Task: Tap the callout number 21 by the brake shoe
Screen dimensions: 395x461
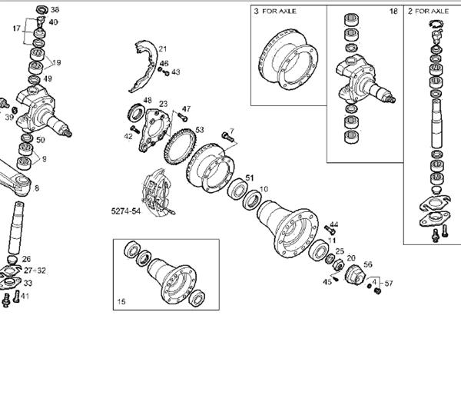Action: pyautogui.click(x=163, y=49)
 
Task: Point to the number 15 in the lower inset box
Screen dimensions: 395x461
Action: pyautogui.click(x=121, y=302)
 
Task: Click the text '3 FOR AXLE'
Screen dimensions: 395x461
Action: pyautogui.click(x=276, y=12)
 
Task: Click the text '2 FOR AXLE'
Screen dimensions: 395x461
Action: pyautogui.click(x=429, y=12)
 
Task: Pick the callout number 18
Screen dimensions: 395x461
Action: pyautogui.click(x=393, y=12)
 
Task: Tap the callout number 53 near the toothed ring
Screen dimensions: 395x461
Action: pyautogui.click(x=200, y=130)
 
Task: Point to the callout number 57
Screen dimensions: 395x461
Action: pyautogui.click(x=389, y=284)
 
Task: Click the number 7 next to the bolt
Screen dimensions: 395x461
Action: pyautogui.click(x=231, y=131)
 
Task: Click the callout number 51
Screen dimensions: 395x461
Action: pyautogui.click(x=250, y=180)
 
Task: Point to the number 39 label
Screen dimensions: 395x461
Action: pyautogui.click(x=9, y=117)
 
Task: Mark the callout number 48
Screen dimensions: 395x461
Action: pyautogui.click(x=147, y=101)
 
